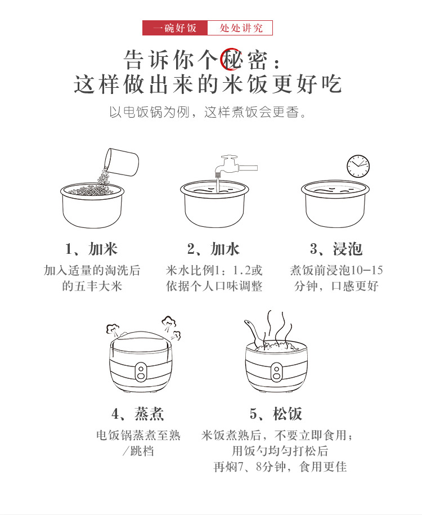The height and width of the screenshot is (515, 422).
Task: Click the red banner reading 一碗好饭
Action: point(175,28)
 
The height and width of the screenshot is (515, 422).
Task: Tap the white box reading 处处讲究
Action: point(240,28)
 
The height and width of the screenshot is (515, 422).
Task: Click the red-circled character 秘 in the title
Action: point(231,60)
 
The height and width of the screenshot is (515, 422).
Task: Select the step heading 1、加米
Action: point(91,249)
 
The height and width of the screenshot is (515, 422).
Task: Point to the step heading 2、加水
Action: point(213,249)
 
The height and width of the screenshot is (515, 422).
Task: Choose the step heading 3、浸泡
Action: point(336,249)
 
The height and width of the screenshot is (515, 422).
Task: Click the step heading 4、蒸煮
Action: point(138,414)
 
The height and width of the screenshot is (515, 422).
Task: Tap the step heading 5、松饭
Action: point(276,414)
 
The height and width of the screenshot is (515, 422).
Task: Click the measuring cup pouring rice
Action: point(122,162)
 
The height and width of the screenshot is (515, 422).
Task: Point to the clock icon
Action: point(358,166)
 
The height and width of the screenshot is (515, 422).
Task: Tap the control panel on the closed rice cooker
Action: point(141,372)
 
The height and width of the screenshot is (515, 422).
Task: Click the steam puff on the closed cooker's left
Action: point(113,329)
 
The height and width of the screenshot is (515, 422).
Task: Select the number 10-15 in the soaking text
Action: point(366,270)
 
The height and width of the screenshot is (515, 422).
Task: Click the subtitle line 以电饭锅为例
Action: point(150,113)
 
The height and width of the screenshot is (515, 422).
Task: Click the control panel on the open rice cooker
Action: point(276,373)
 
